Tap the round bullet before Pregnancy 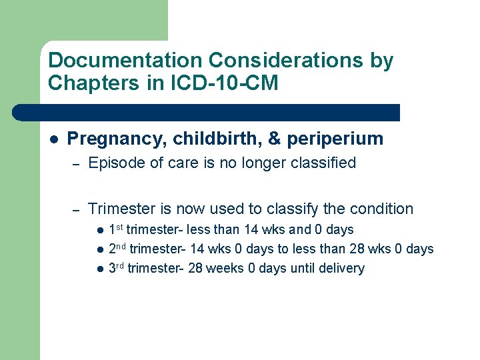[x=53, y=139]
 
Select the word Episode [x=114, y=163]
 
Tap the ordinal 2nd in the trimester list [x=117, y=249]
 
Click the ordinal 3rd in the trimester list [x=116, y=268]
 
